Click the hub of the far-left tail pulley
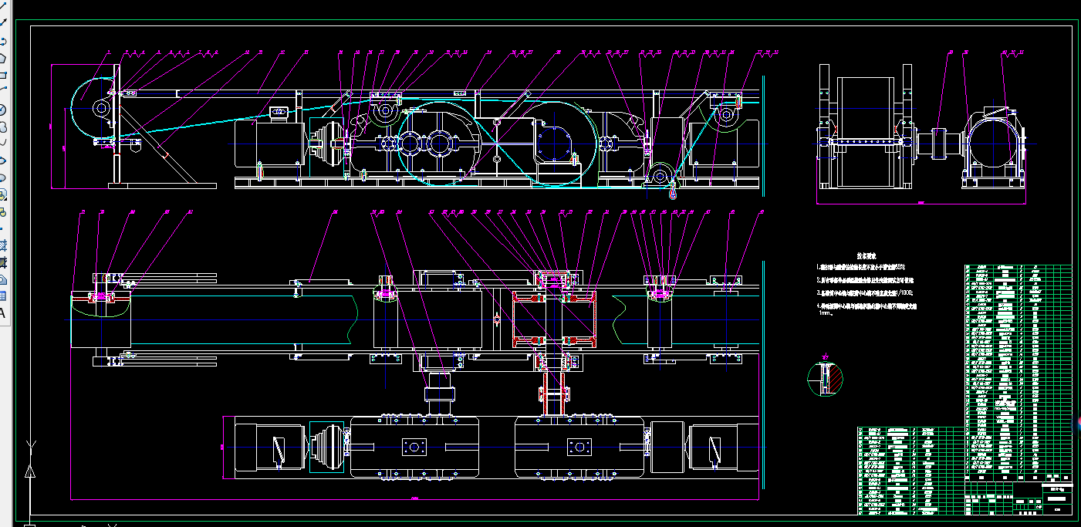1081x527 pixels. click(100, 109)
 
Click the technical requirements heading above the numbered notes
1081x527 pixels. click(866, 255)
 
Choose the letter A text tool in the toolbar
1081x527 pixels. click(2, 312)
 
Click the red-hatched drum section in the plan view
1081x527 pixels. click(553, 318)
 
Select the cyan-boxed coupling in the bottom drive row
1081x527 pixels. click(326, 446)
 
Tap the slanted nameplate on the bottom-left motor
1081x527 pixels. click(278, 450)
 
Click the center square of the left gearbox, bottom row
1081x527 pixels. click(414, 447)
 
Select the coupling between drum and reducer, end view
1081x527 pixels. click(943, 144)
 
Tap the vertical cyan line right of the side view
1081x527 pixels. click(762, 131)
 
